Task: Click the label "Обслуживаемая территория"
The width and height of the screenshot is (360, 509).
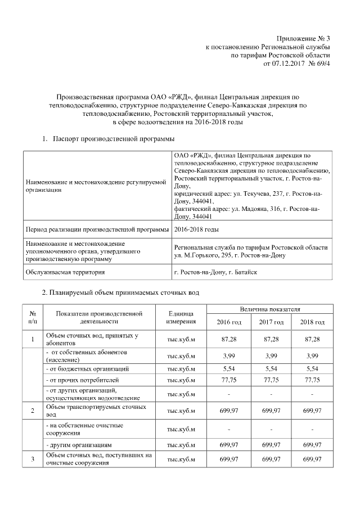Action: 65,272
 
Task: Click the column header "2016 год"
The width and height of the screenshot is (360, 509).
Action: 229,322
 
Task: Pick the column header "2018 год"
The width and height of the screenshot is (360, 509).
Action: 312,322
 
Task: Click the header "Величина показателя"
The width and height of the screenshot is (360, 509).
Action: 270,309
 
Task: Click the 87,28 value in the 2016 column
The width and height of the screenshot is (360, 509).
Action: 229,339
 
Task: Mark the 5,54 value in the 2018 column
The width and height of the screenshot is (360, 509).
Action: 312,368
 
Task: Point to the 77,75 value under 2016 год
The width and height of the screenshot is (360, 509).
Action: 229,380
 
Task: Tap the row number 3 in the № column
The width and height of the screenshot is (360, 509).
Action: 33,460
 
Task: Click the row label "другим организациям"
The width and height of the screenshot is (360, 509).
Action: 82,444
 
